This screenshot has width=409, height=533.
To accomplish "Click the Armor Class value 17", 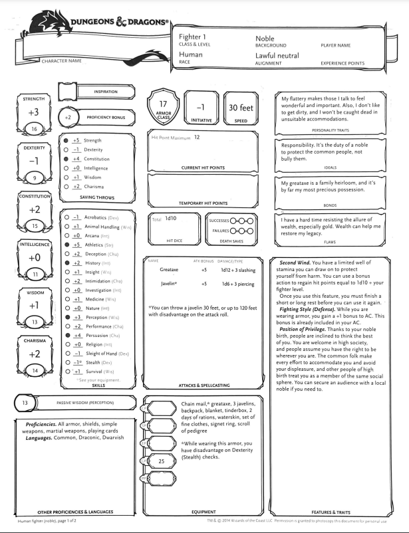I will tap(163, 104).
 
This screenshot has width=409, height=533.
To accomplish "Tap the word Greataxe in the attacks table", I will tap(169, 270).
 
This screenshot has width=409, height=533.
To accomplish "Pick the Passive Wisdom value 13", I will tap(25, 403).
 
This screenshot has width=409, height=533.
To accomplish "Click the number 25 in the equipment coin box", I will tap(161, 460).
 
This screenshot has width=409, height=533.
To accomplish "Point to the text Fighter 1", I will tap(194, 38).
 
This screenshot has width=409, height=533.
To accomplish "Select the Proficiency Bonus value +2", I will tap(68, 117).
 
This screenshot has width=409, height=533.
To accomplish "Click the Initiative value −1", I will tap(200, 108).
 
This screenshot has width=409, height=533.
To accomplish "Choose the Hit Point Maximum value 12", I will tap(197, 137).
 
